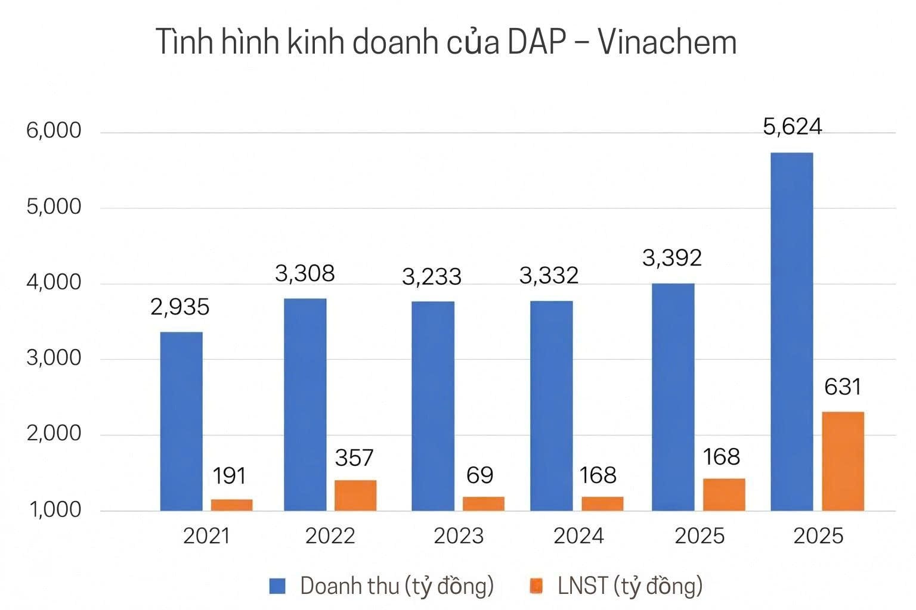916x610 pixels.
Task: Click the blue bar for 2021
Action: tap(181, 421)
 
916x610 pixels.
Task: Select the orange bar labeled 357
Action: tap(355, 495)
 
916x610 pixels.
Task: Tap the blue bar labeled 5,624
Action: tap(791, 332)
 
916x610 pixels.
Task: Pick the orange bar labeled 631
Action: tap(843, 461)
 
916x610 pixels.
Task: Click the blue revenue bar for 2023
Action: tap(433, 406)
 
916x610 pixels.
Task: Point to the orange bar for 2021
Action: tap(231, 505)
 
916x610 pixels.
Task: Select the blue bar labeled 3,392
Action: tap(673, 397)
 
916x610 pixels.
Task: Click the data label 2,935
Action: tap(180, 307)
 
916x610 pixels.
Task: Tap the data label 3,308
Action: tap(305, 273)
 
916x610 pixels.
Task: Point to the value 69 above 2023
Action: tap(479, 475)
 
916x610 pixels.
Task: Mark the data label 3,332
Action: tap(549, 276)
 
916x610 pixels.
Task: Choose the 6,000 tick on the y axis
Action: tap(54, 130)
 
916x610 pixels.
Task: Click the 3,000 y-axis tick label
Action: tap(54, 358)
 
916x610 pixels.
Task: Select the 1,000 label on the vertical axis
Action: tap(54, 510)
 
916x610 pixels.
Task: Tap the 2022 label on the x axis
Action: tap(330, 536)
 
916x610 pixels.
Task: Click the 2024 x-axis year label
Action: tap(578, 536)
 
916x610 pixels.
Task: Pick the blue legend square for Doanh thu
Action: tap(278, 586)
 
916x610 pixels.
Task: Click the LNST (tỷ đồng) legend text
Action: tap(630, 586)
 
